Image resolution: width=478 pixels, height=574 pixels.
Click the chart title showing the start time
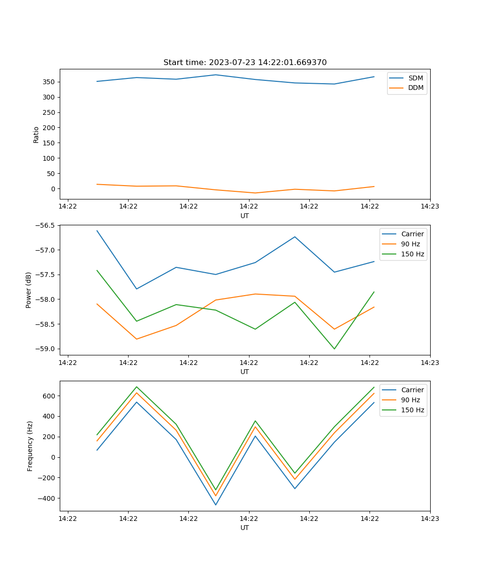click(x=245, y=63)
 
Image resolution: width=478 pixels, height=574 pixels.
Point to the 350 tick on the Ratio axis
click(x=49, y=82)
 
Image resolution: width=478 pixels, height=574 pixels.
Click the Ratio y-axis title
click(x=36, y=134)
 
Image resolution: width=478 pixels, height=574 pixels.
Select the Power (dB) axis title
click(x=29, y=290)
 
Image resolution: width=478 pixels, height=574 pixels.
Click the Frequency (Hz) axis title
click(x=30, y=446)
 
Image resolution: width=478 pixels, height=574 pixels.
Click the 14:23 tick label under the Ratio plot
click(x=430, y=207)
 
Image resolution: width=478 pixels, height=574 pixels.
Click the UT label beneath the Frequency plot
click(x=245, y=528)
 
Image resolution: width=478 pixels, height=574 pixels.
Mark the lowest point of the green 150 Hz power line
click(x=334, y=349)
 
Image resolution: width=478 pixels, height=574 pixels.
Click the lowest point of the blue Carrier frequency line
click(x=216, y=505)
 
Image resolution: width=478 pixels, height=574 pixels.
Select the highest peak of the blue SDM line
click(x=216, y=75)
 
